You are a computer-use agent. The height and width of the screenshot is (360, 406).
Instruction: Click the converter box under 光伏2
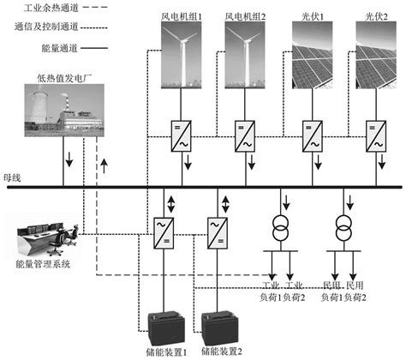(375, 134)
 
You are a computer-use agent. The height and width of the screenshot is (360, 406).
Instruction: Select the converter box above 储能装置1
(160, 230)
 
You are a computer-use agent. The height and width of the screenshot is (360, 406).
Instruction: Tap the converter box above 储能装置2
(217, 230)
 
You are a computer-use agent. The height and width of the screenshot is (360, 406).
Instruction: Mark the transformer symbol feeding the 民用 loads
(344, 231)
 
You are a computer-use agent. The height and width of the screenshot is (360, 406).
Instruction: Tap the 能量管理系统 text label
(42, 264)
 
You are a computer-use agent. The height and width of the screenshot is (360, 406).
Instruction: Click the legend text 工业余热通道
(60, 8)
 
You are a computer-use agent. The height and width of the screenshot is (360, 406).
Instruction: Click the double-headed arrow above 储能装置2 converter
(226, 205)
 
